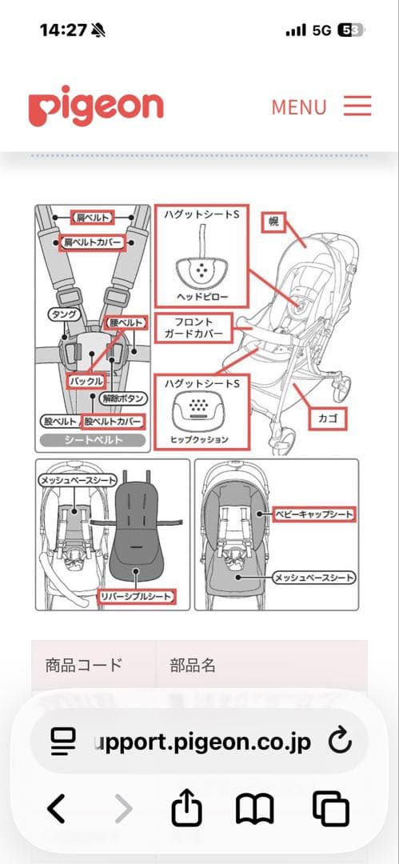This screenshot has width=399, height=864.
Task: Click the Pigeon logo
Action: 95,107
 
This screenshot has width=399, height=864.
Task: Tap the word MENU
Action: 299,107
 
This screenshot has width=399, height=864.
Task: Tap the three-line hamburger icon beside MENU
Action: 358,106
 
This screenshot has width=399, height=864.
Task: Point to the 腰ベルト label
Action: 126,322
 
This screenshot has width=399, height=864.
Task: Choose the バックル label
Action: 86,382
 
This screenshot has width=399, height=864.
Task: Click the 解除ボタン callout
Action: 125,397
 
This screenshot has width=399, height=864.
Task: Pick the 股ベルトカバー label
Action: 114,421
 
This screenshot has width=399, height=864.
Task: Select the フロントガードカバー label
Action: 194,327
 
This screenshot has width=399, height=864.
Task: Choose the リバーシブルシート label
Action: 134,597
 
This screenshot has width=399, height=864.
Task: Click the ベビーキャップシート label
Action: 313,514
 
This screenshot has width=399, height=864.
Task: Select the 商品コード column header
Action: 84,665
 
